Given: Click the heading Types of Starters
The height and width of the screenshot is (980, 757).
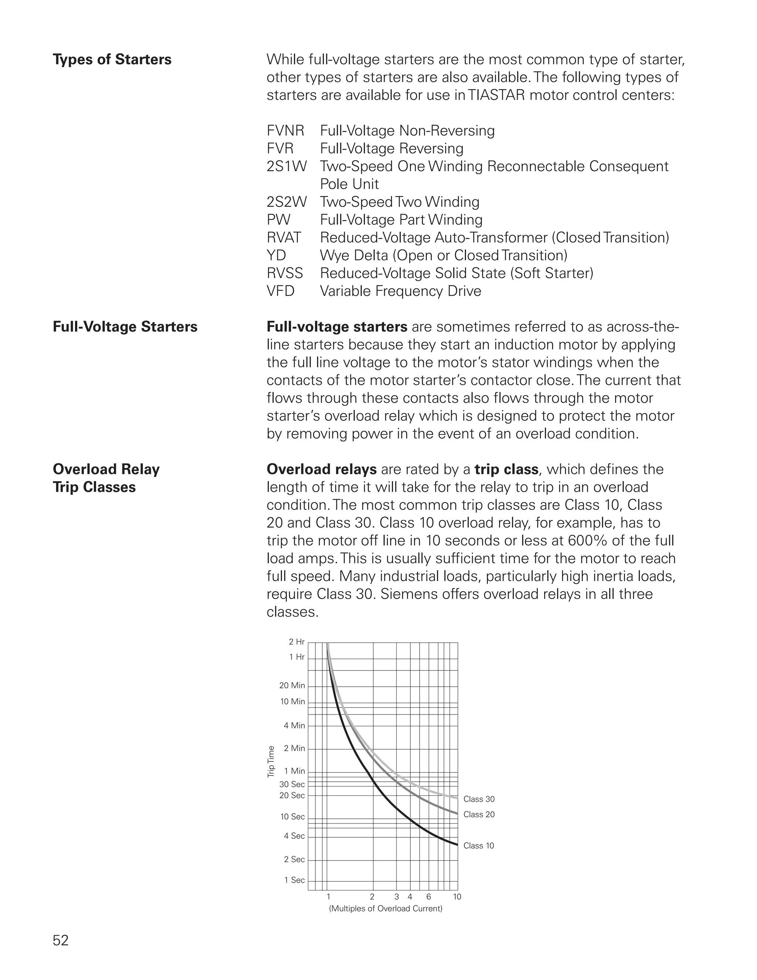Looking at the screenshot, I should click(112, 60).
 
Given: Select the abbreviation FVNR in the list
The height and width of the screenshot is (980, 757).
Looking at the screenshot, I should click(285, 131).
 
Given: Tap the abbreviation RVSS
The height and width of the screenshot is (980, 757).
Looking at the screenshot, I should click(285, 273).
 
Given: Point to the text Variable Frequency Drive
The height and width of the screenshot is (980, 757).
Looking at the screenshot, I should click(400, 291).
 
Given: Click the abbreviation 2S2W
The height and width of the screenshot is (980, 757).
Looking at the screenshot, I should click(286, 202).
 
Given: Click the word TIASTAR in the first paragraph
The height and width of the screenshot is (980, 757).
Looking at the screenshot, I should click(496, 95).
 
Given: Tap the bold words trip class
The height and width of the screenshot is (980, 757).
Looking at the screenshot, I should click(506, 469).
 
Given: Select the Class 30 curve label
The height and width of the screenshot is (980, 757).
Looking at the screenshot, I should click(479, 799).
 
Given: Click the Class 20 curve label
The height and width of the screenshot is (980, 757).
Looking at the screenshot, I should click(479, 814).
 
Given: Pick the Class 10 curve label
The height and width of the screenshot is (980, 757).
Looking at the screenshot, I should click(479, 846).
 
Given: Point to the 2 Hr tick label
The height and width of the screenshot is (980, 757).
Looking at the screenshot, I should click(296, 642).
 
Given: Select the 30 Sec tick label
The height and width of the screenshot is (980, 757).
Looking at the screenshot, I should click(292, 784).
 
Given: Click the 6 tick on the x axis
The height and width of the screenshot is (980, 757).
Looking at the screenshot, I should click(429, 897).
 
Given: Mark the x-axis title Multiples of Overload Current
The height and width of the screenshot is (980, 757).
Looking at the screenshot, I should click(385, 909).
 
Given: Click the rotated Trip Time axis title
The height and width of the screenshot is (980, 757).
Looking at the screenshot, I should click(271, 761).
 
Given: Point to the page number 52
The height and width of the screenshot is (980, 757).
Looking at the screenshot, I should click(61, 940).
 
